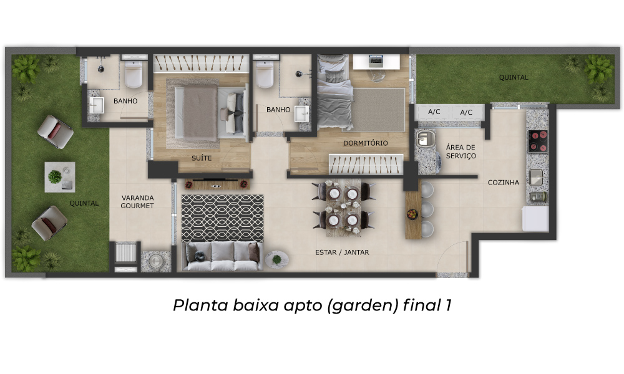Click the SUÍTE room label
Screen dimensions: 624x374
click(202, 158)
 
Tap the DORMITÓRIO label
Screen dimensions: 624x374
click(365, 143)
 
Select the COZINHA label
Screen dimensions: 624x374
click(504, 183)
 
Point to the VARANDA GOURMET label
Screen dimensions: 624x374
click(137, 201)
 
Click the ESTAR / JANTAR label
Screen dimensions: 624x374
click(342, 252)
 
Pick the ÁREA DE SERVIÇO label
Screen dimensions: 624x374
click(461, 151)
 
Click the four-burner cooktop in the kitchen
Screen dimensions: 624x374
click(538, 141)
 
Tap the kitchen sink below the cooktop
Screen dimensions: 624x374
click(535, 177)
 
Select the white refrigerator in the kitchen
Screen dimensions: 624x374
click(535, 219)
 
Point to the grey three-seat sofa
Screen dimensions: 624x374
click(223, 256)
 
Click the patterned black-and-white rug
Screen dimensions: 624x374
click(223, 218)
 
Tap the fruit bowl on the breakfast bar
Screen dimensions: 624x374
click(412, 214)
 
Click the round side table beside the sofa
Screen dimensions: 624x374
click(277, 259)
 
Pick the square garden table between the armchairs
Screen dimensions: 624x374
click(60, 177)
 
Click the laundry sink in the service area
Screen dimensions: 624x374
click(424, 138)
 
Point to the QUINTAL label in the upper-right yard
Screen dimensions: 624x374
click(514, 77)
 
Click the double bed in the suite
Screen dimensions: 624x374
click(210, 112)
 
